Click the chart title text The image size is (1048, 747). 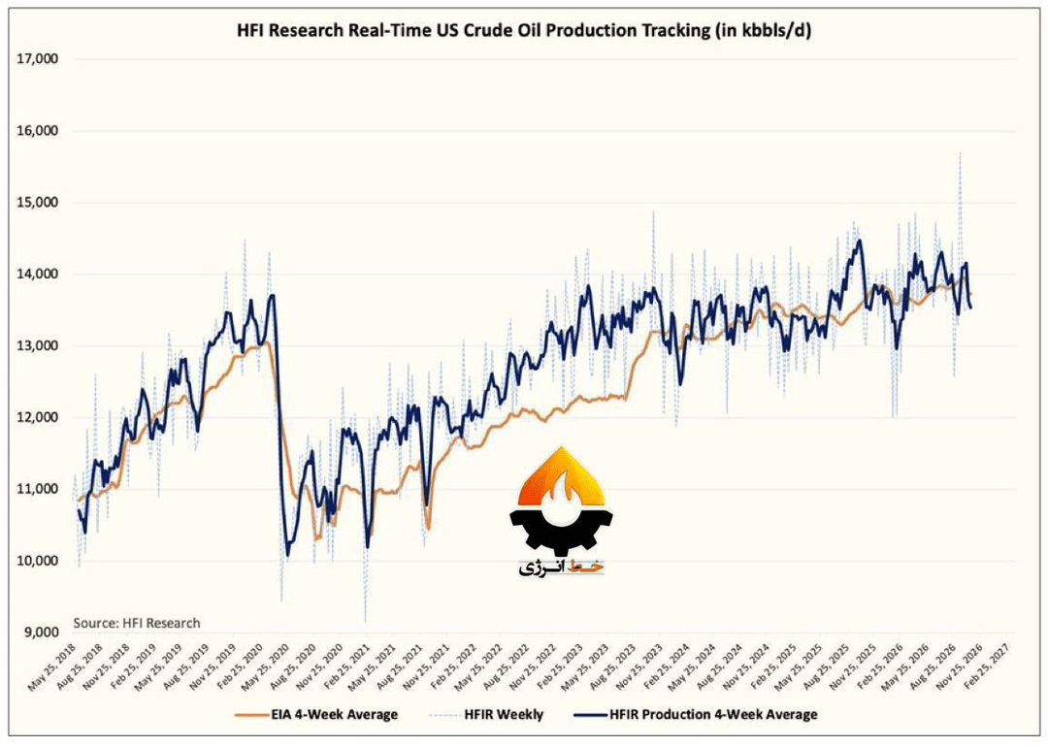524,31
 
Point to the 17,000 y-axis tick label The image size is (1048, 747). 38,59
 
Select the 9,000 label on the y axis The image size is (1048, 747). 40,633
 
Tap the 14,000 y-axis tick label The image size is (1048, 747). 38,274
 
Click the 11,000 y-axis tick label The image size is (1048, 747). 38,489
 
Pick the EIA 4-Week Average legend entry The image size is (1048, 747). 316,714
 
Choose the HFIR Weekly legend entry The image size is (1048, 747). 485,714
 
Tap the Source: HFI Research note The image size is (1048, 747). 137,623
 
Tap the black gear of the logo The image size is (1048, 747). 562,533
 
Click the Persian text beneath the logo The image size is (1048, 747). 561,568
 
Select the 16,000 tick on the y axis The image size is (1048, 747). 38,131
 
